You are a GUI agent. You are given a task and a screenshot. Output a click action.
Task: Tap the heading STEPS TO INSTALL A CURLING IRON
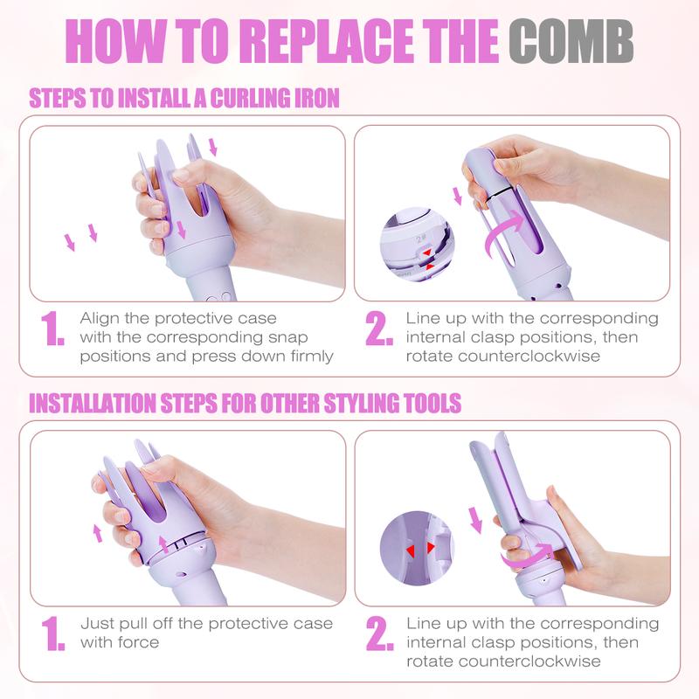click(x=184, y=98)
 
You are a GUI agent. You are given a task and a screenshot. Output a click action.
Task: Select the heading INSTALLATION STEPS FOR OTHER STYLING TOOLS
click(x=246, y=404)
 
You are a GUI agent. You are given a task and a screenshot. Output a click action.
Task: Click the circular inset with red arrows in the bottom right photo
click(x=418, y=549)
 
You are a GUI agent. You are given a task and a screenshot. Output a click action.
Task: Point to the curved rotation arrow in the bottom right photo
click(x=528, y=553)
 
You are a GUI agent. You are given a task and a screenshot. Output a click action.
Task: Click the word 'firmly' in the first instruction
click(x=308, y=356)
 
